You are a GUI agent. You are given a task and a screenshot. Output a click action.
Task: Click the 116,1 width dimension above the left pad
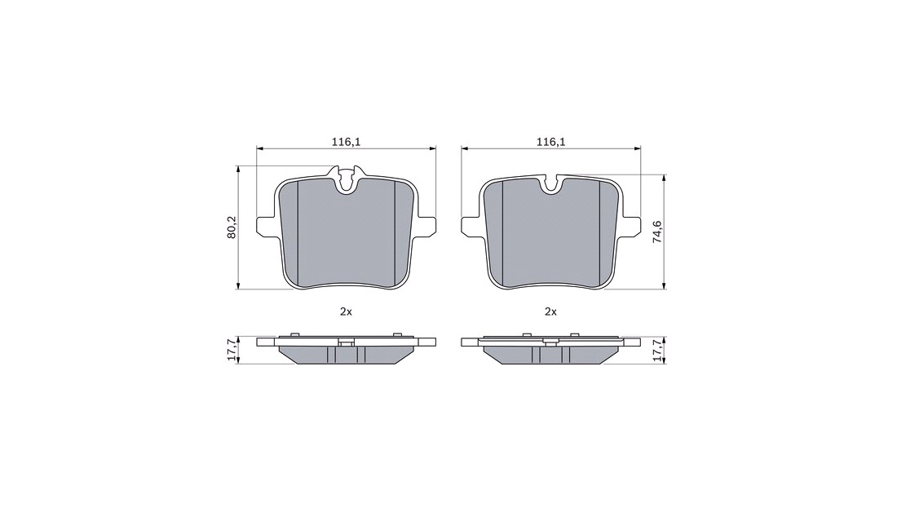(346, 141)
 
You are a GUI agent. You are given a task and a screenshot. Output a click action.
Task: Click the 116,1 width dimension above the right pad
(551, 141)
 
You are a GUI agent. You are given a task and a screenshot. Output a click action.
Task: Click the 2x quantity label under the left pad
(346, 311)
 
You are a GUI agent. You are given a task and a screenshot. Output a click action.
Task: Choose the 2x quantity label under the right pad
(551, 311)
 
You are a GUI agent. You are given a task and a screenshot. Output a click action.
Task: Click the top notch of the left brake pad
(346, 179)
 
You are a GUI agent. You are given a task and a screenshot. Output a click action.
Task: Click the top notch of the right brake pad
(551, 183)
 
